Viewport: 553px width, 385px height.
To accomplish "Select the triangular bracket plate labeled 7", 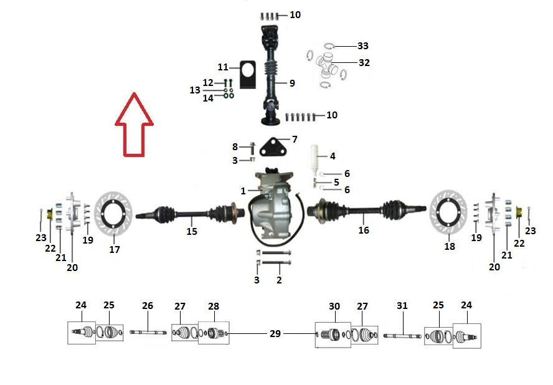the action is coord(273,147).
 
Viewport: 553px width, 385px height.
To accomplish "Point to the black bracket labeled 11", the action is coord(248,75).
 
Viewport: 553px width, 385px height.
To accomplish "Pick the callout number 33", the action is coord(363,46).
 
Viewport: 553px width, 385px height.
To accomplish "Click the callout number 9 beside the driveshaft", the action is coord(292,83).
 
